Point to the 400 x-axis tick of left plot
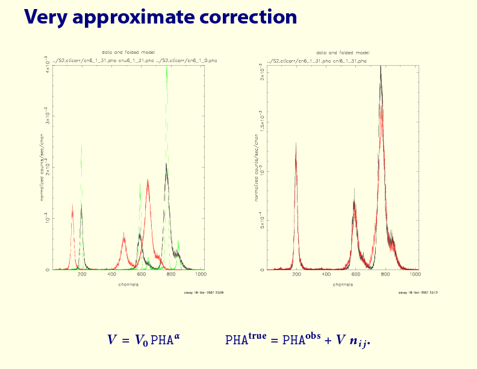click(x=112, y=275)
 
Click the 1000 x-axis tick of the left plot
click(x=201, y=275)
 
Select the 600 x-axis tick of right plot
click(x=355, y=275)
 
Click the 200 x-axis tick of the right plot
click(x=296, y=275)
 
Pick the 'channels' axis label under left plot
click(x=128, y=284)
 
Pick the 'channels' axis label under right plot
click(x=343, y=284)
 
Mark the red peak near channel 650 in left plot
click(x=148, y=181)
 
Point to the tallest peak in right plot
click(x=381, y=69)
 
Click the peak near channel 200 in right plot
click(x=296, y=148)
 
